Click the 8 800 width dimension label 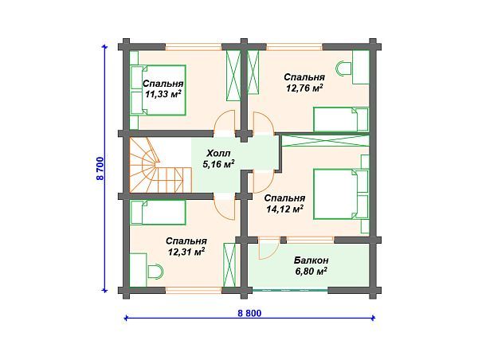coord(249,313)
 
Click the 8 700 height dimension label coord(100,169)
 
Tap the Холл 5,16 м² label coord(218,158)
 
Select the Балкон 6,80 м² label coord(311,266)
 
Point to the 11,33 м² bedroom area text coord(163,94)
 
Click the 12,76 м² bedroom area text coord(304,88)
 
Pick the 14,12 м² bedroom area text coord(284,209)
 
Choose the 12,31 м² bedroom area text coord(186,252)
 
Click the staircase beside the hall coord(161,165)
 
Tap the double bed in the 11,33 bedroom coord(159,90)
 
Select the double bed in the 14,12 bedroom coord(341,194)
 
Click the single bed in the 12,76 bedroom coord(341,119)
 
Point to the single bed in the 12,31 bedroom coord(158,213)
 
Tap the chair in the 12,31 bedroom coord(155,271)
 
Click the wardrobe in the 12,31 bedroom coord(229,265)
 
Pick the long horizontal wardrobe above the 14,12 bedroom coord(325,140)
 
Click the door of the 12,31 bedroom coord(225,206)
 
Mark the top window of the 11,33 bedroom coord(194,47)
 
